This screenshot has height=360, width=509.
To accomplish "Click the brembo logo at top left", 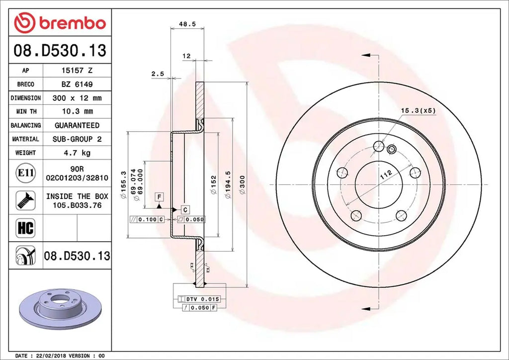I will tap(60, 23).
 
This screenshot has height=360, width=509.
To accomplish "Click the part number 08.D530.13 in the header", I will tap(60, 51).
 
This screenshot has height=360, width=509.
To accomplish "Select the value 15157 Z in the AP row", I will tap(77, 71).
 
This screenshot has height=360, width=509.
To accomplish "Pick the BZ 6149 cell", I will tap(77, 85).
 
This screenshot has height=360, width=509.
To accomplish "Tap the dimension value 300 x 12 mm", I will tap(77, 98).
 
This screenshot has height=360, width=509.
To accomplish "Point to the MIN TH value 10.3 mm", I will tap(77, 111).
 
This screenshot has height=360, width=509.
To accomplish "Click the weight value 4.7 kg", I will tap(77, 153).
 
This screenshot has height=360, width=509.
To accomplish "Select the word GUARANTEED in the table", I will tap(77, 125).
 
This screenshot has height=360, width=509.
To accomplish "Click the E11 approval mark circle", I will tap(25, 173).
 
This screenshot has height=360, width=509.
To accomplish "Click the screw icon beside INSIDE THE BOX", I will tap(25, 200).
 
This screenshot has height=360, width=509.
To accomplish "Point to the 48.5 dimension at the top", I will tap(187, 23).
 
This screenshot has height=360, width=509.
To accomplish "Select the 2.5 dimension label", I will tap(158, 74).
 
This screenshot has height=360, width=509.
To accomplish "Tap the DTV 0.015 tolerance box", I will tap(201, 299).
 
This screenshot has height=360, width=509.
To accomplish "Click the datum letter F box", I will tap(159, 196).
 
